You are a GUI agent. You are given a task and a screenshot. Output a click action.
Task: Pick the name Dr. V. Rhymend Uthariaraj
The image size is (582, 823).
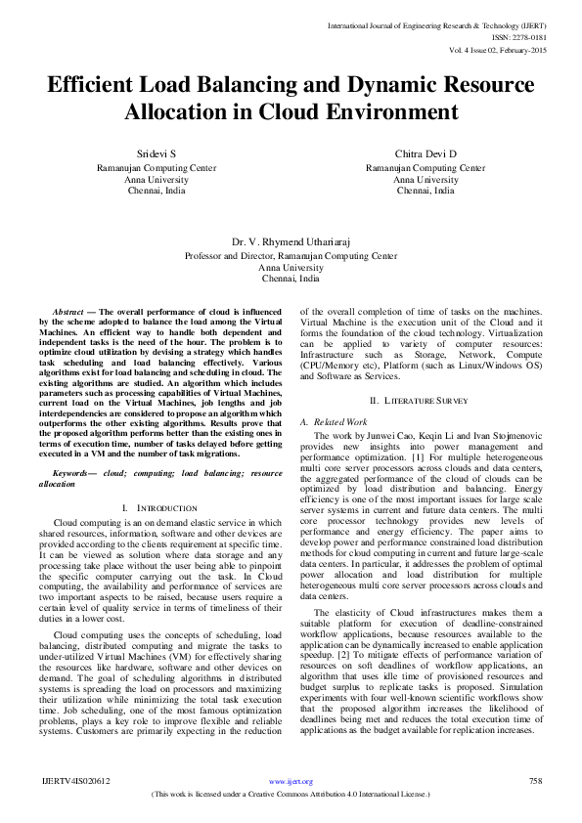(x=291, y=240)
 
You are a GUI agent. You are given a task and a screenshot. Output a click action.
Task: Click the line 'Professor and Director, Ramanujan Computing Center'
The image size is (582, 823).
(x=291, y=255)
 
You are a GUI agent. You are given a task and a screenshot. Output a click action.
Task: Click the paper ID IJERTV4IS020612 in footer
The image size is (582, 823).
(x=76, y=781)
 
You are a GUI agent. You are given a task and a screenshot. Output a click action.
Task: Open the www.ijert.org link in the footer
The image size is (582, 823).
(x=291, y=782)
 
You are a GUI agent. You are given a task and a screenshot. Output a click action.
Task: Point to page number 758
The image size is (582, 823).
(x=535, y=781)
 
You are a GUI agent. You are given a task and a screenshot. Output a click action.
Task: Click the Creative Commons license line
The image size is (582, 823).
(x=291, y=794)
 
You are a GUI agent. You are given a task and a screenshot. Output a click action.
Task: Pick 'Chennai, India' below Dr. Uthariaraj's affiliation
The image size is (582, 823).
(x=291, y=278)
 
